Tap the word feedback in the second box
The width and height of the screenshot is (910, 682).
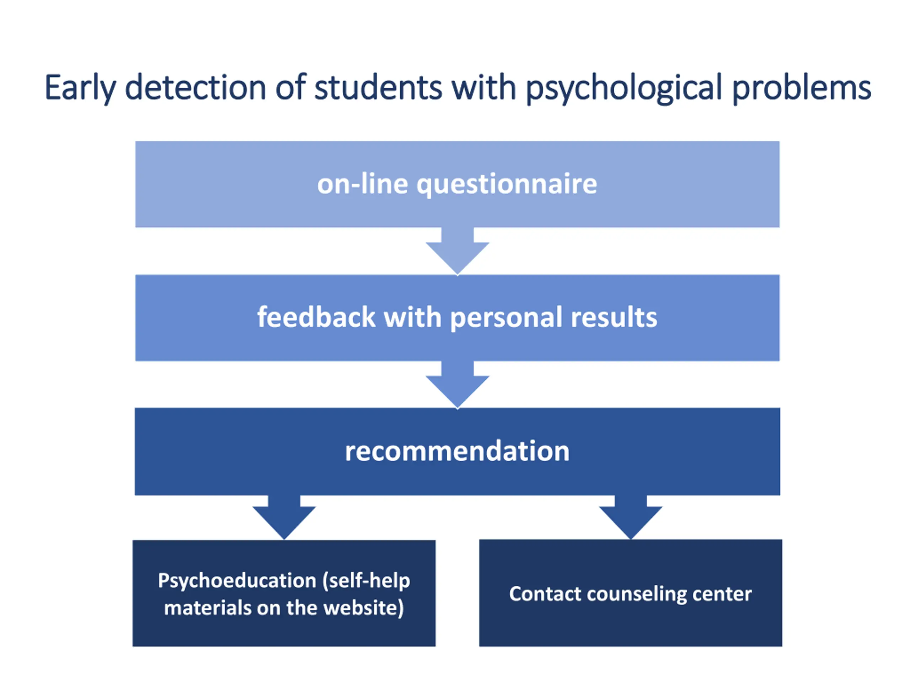click(x=316, y=317)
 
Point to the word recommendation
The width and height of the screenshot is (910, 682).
click(x=457, y=451)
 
